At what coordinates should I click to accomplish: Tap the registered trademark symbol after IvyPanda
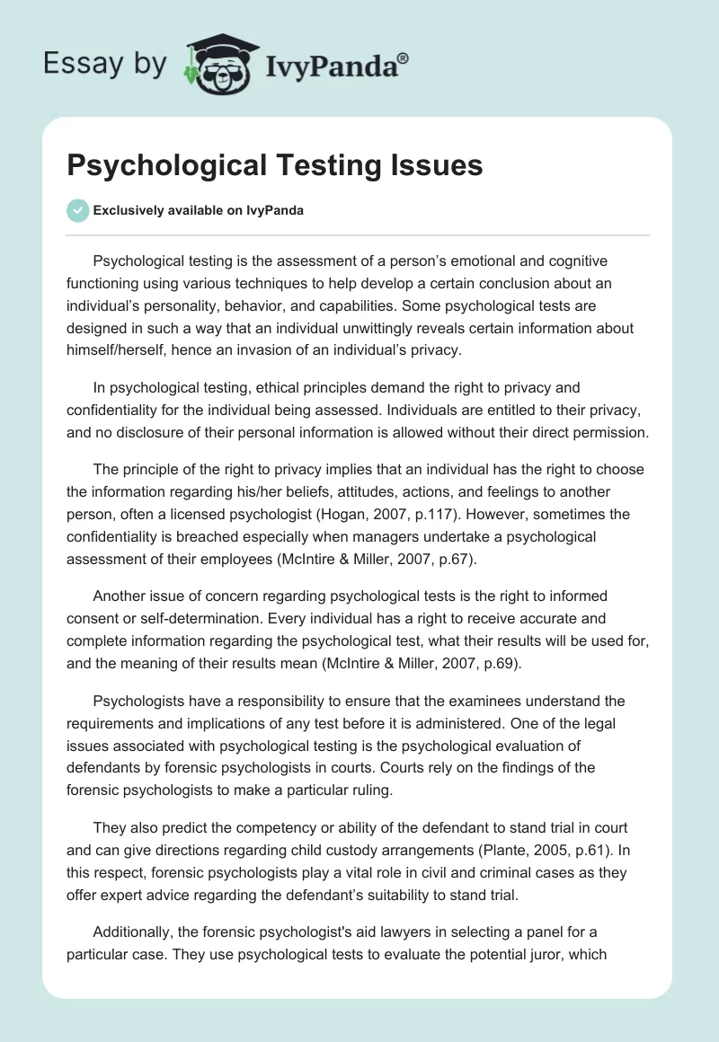[x=404, y=57]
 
